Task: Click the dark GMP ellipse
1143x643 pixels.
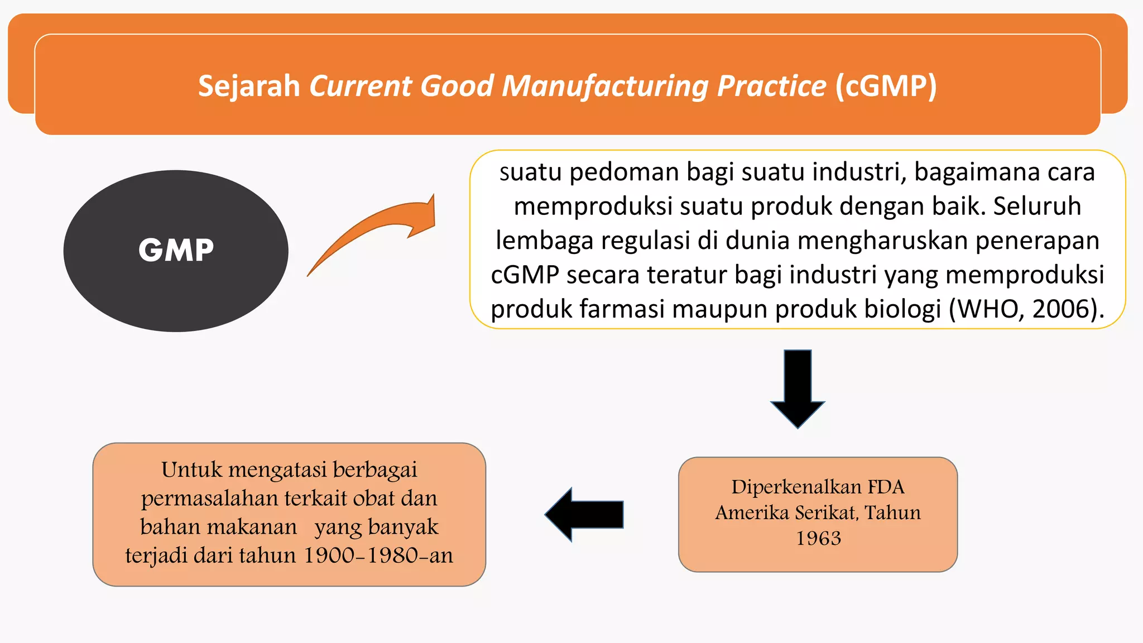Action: [176, 251]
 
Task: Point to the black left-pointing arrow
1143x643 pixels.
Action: [583, 514]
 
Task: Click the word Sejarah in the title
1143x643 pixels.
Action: [249, 86]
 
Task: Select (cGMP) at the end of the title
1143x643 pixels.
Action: [886, 86]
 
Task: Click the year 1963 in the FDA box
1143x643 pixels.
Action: [818, 538]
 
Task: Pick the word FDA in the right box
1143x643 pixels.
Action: [886, 487]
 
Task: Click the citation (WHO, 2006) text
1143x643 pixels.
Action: [1026, 309]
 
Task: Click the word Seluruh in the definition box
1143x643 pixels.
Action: [1037, 206]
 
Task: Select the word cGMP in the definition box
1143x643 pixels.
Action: [525, 275]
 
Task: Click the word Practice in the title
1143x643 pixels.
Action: [771, 86]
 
